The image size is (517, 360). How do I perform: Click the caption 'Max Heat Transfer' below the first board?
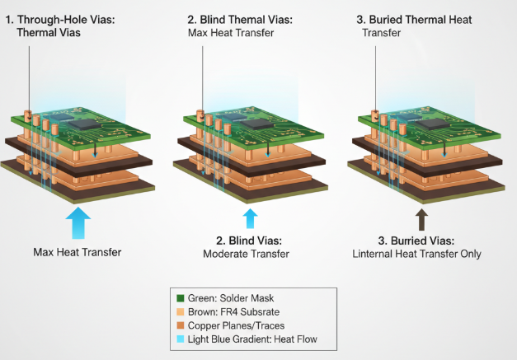coord(78,251)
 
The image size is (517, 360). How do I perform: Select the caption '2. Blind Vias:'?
coord(249,241)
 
